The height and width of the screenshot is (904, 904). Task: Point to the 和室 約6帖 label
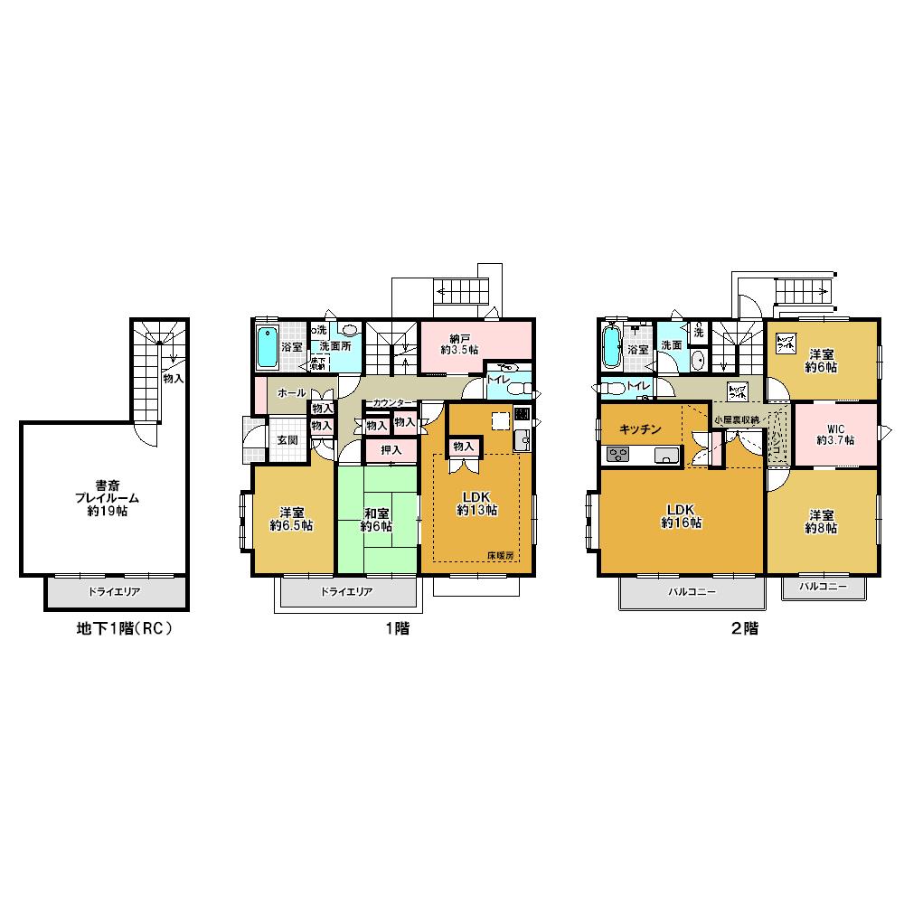[x=376, y=519]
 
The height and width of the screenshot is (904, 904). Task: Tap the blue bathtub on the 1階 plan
[x=267, y=348]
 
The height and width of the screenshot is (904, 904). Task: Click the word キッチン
[x=643, y=429]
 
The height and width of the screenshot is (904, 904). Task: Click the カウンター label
[x=391, y=402]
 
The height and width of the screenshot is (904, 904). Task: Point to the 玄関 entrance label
[x=287, y=439]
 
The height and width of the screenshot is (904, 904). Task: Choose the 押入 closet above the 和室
[x=391, y=449]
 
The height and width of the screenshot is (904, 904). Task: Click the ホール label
[x=291, y=394]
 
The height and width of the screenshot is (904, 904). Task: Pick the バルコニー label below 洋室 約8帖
[x=823, y=587]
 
